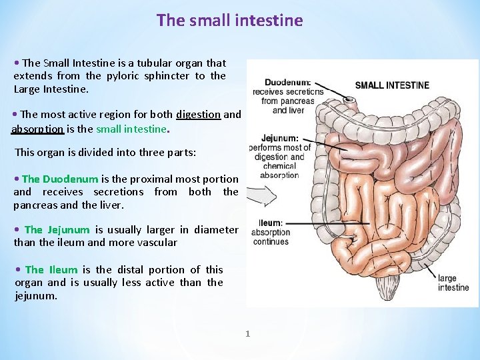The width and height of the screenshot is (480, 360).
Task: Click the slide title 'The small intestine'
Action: (x=229, y=21)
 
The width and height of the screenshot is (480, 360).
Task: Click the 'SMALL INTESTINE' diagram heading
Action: (x=392, y=85)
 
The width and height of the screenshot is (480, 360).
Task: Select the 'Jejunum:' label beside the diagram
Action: (x=278, y=139)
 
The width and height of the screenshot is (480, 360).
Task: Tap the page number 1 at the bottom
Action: (x=247, y=333)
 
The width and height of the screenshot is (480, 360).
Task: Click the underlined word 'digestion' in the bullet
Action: (x=198, y=115)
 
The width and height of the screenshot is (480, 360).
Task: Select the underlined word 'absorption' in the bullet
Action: (x=38, y=129)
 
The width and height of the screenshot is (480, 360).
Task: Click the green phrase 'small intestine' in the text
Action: (x=131, y=129)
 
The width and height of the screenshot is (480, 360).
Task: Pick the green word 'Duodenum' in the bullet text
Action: (x=70, y=179)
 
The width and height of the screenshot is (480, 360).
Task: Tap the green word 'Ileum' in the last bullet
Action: (x=62, y=269)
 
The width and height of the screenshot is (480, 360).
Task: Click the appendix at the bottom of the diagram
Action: (x=386, y=288)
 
